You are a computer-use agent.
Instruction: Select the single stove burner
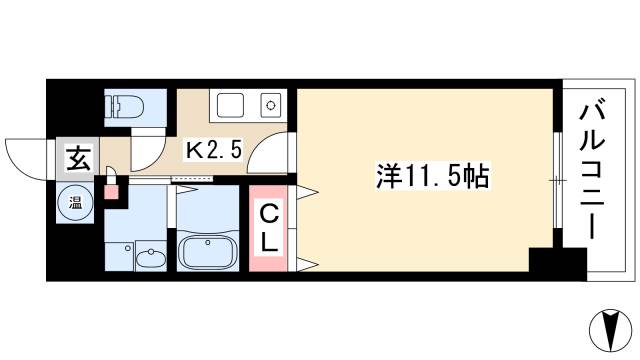269,103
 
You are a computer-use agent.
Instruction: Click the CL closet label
270,227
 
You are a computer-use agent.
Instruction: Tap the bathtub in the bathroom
206,249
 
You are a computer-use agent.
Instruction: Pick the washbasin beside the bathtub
150,257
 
